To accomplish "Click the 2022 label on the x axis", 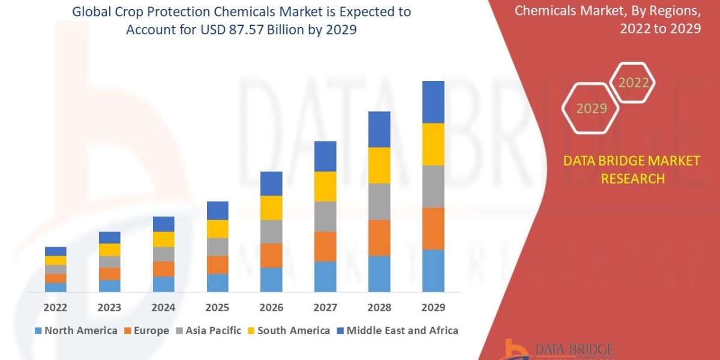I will (55, 308).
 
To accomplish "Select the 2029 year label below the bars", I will (433, 308).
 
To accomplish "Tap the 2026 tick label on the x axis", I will (271, 308).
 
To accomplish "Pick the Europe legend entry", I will (146, 331).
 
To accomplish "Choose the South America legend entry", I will (288, 331).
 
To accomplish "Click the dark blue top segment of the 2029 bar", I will (433, 102).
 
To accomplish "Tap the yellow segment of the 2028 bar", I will (379, 165).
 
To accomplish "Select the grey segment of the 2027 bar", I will (325, 216).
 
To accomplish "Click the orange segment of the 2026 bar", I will (271, 256).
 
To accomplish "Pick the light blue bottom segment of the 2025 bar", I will (218, 283).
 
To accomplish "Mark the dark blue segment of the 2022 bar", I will (55, 251).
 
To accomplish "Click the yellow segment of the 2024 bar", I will (164, 239).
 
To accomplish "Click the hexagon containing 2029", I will (591, 109).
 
